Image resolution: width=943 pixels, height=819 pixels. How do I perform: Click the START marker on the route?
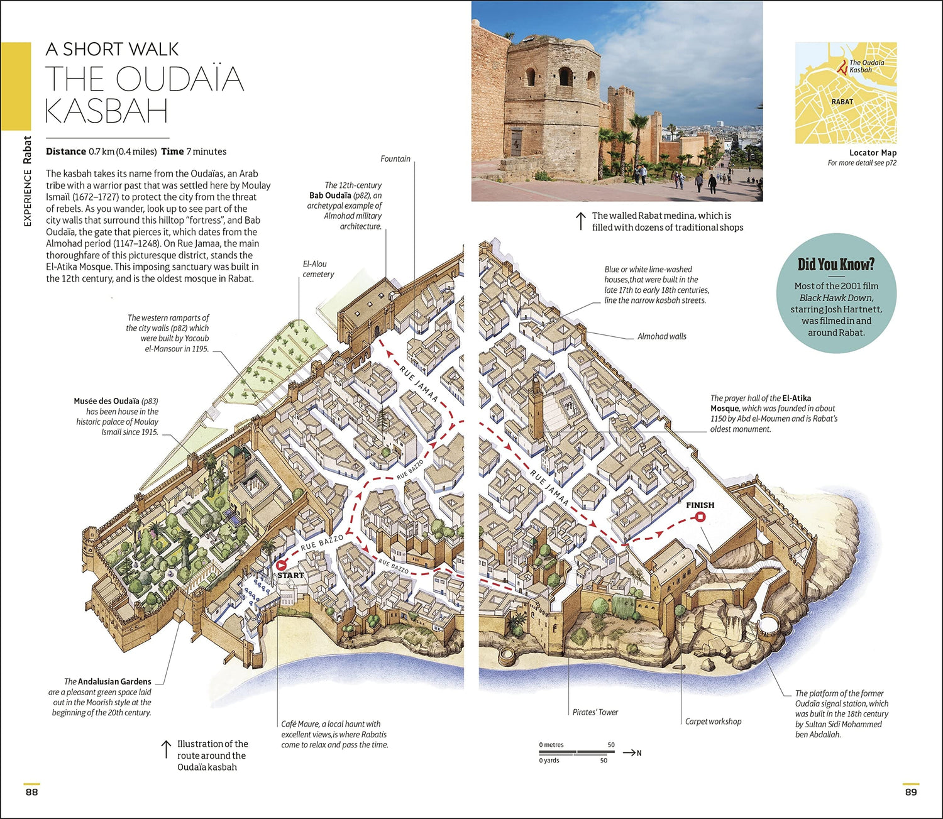[x=281, y=565]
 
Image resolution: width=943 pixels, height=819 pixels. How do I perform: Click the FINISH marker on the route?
[x=700, y=517]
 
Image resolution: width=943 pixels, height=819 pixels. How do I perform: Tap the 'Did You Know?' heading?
[x=835, y=265]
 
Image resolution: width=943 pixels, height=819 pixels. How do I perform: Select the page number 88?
[x=31, y=792]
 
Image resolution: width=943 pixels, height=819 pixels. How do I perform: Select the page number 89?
[x=910, y=792]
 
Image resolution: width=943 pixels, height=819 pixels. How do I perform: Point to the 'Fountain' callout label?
[x=395, y=159]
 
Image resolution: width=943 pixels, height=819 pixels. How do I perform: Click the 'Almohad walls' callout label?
[x=661, y=336]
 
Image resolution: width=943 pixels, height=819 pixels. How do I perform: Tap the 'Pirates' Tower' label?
[x=595, y=712]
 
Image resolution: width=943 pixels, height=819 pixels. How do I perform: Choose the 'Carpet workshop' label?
[x=713, y=722]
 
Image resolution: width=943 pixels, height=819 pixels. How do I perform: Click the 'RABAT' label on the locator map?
[x=842, y=102]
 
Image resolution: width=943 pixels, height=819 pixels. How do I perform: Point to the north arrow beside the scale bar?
[x=631, y=753]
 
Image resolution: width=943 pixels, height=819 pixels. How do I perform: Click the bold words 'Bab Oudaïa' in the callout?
[x=330, y=195]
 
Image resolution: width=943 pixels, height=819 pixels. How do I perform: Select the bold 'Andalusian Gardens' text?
[x=114, y=681]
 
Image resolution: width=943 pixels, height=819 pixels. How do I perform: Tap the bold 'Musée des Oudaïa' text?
[x=106, y=401]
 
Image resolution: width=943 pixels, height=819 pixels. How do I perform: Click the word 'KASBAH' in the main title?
[x=106, y=112]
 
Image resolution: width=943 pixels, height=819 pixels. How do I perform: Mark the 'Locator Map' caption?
[x=873, y=153]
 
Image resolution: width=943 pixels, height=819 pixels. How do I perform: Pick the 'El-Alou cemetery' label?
[x=318, y=269]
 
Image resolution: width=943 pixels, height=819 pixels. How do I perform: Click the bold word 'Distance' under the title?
[x=66, y=151]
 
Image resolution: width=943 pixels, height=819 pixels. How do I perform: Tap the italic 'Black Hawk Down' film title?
[x=836, y=298]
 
